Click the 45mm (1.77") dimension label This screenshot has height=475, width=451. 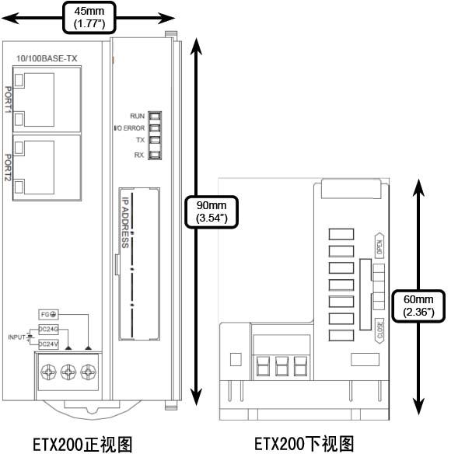tap(89, 17)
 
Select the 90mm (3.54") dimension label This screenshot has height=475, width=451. tap(212, 211)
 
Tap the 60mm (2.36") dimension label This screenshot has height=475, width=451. tap(418, 306)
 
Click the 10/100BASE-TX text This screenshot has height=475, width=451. tap(47, 58)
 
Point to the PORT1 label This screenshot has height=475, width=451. tap(9, 100)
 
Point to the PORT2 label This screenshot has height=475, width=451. tap(9, 167)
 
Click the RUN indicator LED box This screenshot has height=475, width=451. tap(155, 116)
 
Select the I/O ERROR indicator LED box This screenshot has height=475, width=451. tap(155, 128)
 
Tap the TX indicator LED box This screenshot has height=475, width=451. tap(155, 140)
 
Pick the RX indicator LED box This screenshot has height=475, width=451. tap(155, 155)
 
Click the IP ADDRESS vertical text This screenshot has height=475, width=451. tap(125, 222)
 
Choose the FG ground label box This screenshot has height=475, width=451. tap(48, 314)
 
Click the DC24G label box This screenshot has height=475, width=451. tap(48, 329)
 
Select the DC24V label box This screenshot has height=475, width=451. tap(48, 344)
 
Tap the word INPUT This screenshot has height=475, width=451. tap(16, 337)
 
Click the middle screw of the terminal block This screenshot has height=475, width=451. tap(68, 372)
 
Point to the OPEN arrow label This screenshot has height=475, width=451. tap(379, 246)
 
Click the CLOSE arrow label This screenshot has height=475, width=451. tap(379, 330)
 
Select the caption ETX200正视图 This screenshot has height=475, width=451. tap(82, 445)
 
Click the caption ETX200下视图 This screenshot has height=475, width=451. tap(304, 444)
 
